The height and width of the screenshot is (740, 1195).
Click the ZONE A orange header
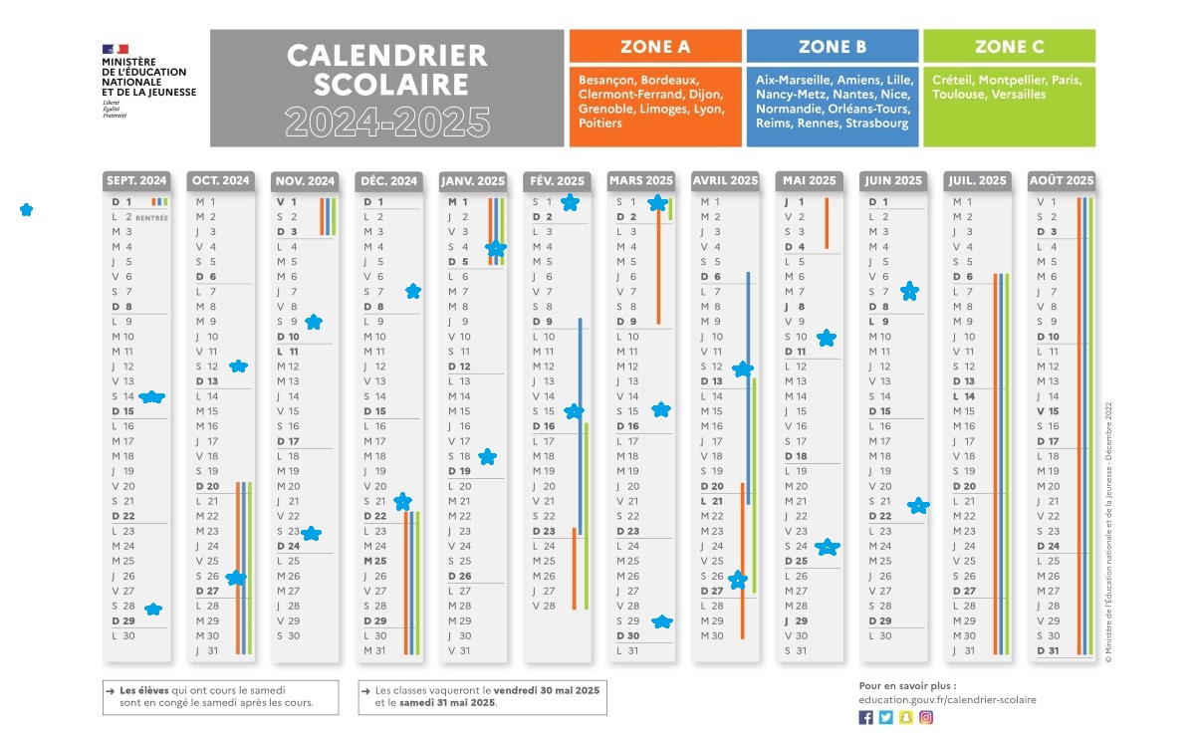click(x=655, y=47)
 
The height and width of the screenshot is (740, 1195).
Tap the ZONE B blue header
click(x=832, y=47)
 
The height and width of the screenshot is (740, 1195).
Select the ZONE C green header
click(x=1009, y=47)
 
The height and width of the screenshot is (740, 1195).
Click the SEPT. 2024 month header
click(x=137, y=181)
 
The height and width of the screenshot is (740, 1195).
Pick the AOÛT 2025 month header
click(x=1061, y=181)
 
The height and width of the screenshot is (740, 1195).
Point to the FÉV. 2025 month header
click(x=557, y=181)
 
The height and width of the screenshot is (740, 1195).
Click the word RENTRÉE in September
click(x=152, y=217)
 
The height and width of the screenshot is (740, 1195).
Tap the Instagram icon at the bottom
click(x=926, y=717)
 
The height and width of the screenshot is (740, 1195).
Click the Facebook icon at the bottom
click(x=865, y=717)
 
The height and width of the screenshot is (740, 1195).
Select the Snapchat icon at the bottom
click(x=906, y=717)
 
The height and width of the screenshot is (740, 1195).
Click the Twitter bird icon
click(x=885, y=717)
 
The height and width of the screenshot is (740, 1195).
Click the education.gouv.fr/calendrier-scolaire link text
click(x=947, y=699)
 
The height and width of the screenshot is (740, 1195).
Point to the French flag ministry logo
click(x=115, y=48)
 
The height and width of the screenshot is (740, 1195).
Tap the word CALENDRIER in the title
click(x=387, y=55)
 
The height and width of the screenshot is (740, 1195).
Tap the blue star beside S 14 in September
click(x=151, y=396)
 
